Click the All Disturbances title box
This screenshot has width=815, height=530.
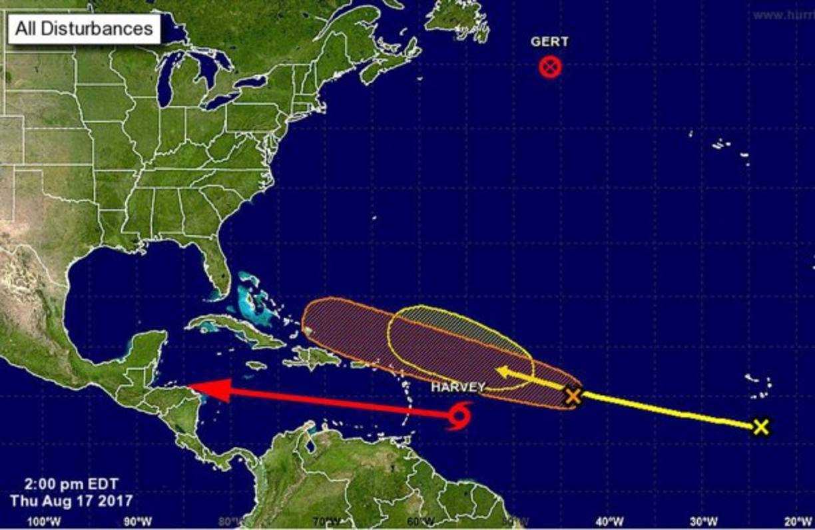coord(84,29)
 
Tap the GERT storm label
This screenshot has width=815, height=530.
coord(549,42)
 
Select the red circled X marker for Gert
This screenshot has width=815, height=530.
coord(550,67)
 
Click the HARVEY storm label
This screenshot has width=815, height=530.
coord(457,387)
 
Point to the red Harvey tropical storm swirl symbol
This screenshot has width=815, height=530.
coord(459,416)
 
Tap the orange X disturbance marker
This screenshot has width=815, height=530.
coord(573,396)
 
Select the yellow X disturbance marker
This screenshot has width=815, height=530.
coord(761,427)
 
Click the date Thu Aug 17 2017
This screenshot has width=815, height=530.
coord(71,499)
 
